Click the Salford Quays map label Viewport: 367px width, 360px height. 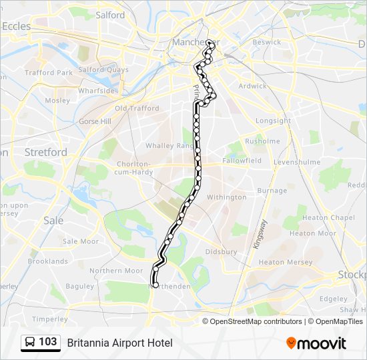point(103,69)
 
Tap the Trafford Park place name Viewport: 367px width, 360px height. point(49,73)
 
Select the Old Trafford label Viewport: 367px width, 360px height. point(137,108)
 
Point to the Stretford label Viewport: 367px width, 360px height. point(46,152)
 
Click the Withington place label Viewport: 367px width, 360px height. point(226,197)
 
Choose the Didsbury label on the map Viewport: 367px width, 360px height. point(221,252)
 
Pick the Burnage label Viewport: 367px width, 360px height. point(272,191)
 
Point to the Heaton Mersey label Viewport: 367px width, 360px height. point(285,263)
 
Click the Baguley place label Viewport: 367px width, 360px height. point(80,286)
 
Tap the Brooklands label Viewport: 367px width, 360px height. point(48,262)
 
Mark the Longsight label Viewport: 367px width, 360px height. point(274,121)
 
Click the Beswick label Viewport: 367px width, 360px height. point(267,42)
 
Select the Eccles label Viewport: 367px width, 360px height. point(17,26)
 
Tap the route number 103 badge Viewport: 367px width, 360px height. point(40,342)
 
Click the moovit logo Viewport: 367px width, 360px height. point(316,343)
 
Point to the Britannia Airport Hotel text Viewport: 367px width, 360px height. point(119,343)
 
